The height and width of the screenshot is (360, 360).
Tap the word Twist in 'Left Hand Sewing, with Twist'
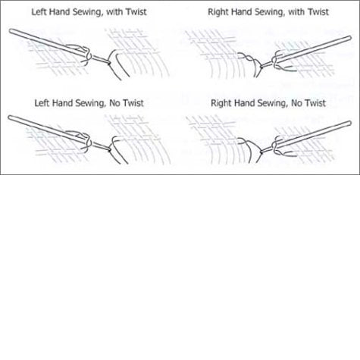136,12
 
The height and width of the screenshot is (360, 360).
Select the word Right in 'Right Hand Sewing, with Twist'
218,12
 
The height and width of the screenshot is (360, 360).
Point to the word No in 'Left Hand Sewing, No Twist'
115,103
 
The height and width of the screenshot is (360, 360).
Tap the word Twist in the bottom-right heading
315,103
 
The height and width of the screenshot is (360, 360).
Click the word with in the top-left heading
114,12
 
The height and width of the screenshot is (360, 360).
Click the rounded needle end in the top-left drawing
11,31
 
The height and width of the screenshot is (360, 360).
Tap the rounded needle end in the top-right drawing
349,38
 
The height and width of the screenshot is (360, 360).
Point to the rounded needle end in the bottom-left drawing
10,117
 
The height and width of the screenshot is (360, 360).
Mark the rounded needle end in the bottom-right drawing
349,124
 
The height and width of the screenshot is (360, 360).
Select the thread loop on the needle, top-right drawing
274,61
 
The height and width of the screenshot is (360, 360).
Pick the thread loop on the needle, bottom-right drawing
274,146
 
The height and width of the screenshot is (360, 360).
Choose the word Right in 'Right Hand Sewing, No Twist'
221,104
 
